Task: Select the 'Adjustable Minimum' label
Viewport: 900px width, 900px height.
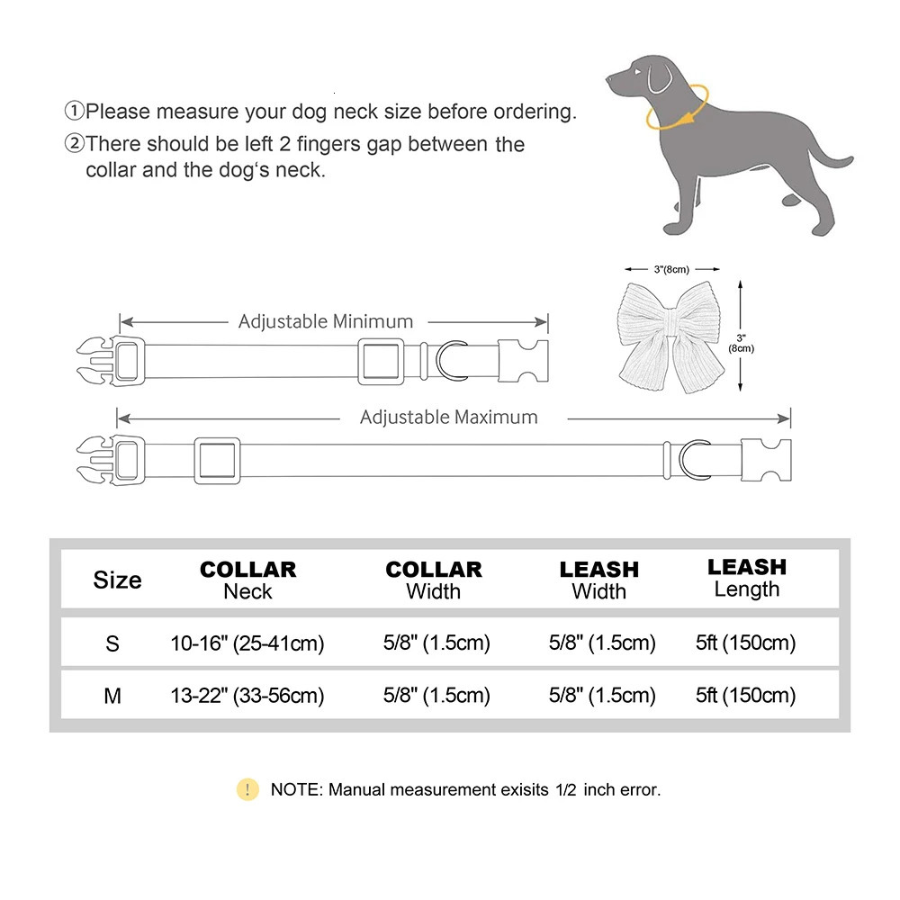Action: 326,321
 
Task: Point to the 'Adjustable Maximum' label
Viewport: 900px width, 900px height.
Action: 448,418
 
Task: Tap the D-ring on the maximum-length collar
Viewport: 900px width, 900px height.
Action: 694,459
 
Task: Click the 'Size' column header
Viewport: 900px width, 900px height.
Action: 117,580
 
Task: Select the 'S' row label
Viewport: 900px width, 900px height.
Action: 112,643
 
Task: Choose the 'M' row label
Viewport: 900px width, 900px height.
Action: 112,696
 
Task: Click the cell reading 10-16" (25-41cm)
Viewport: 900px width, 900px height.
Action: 247,643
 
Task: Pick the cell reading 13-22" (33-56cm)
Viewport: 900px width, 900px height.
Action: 247,696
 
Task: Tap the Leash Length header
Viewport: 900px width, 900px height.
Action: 746,578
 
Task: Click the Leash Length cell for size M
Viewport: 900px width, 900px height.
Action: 746,696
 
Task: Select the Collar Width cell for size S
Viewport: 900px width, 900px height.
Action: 436,643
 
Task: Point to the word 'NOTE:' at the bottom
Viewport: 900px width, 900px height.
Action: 296,790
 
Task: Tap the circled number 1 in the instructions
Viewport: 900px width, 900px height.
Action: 73,112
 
